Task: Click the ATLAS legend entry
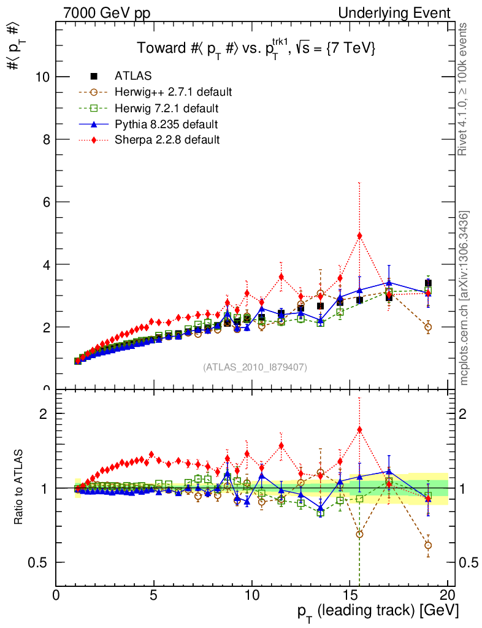point(133,76)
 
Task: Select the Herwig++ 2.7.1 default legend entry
point(173,92)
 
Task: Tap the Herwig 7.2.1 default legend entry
point(166,109)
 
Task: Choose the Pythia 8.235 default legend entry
point(166,124)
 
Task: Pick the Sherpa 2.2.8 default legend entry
point(167,140)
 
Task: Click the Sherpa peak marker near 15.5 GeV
point(359,235)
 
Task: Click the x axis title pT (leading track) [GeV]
point(378,611)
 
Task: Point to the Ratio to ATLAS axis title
point(19,488)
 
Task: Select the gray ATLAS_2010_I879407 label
point(255,367)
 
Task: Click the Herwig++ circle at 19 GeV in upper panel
point(428,327)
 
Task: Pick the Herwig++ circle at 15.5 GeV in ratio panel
point(359,534)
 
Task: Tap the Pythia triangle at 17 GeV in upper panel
point(389,283)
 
